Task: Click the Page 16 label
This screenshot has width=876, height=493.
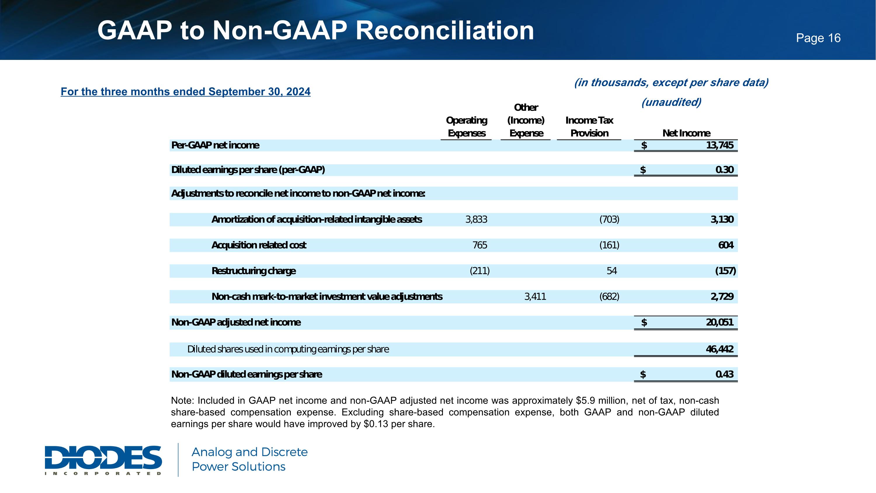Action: (x=818, y=38)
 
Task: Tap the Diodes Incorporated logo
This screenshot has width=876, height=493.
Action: (x=103, y=460)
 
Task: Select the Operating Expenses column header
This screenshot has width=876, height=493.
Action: (x=467, y=127)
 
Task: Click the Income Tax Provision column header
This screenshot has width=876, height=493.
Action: (x=589, y=127)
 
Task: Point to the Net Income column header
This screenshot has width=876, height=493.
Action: (x=686, y=133)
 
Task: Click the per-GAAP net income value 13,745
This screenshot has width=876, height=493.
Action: (x=719, y=145)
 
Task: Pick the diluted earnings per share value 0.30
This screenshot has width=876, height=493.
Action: (x=724, y=170)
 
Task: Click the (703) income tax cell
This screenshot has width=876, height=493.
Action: (x=609, y=219)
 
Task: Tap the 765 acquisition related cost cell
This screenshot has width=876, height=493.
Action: (x=480, y=245)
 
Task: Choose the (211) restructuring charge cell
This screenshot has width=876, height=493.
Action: (x=479, y=271)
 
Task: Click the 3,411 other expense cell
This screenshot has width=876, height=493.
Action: (x=535, y=297)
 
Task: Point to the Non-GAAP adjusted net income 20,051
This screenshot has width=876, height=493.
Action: (x=719, y=322)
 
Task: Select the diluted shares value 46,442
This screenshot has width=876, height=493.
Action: (x=719, y=349)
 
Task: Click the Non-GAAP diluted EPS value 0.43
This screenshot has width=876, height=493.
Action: (x=724, y=374)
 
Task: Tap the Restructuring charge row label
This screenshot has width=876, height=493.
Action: (x=254, y=271)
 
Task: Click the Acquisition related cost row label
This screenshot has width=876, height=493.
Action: (x=259, y=245)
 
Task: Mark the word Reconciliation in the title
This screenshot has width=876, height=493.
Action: (x=445, y=31)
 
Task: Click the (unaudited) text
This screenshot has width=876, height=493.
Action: (x=671, y=102)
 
